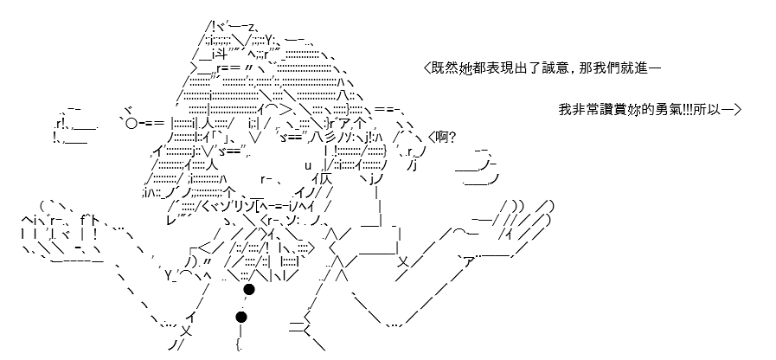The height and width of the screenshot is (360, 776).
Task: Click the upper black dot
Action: [249, 289]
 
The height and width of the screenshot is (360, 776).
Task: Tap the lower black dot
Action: [241, 317]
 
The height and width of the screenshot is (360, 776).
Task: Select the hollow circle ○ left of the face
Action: [131, 122]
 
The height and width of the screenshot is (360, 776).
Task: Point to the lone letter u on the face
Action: [307, 165]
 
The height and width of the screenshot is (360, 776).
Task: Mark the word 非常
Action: [583, 109]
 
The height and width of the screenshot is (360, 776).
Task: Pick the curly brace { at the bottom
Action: [239, 344]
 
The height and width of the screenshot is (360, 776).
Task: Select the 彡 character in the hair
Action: [332, 138]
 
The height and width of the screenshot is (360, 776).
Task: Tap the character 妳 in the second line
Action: [638, 109]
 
